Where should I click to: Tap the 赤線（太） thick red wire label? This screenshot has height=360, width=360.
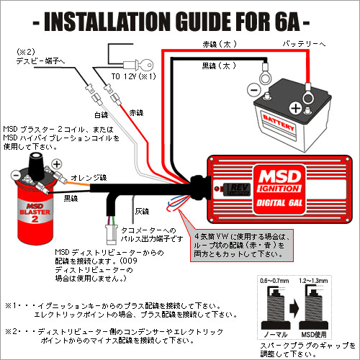pyautogui.click(x=219, y=45)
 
